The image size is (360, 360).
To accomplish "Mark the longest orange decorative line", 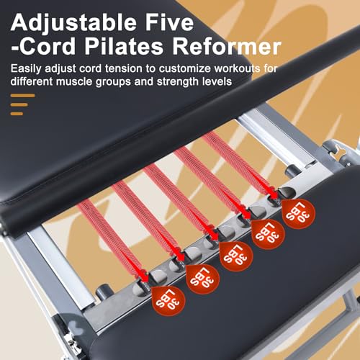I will point(22,95).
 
